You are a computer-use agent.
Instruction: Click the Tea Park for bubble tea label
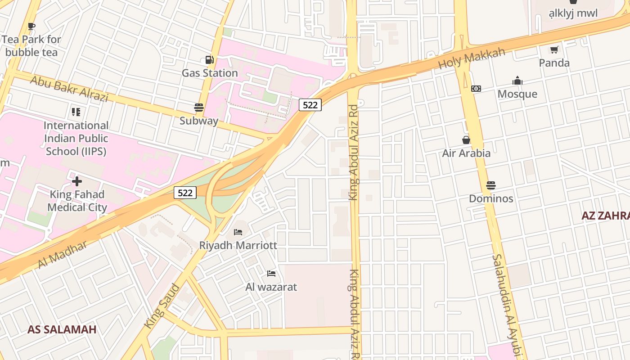[x=31, y=46]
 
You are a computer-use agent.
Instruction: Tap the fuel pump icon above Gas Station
[x=209, y=59]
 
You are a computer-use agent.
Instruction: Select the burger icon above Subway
[x=199, y=108]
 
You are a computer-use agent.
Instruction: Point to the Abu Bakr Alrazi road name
[x=69, y=89]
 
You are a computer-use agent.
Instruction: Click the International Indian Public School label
[x=76, y=138]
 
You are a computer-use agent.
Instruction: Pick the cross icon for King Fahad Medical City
[x=77, y=181]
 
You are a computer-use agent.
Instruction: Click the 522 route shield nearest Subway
[x=310, y=105]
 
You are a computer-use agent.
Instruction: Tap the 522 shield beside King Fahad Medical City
[x=185, y=193]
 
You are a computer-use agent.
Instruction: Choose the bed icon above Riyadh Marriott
[x=238, y=232]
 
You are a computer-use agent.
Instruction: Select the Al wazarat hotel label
[x=271, y=287]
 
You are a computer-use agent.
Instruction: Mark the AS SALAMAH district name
[x=62, y=329]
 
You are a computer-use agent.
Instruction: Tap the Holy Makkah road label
[x=472, y=59]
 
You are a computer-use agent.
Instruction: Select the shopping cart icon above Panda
[x=554, y=49]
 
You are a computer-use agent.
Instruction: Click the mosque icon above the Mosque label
[x=517, y=81]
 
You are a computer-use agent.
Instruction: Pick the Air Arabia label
[x=466, y=153]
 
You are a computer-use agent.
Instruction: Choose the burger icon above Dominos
[x=491, y=185]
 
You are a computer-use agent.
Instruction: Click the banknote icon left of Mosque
[x=476, y=89]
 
